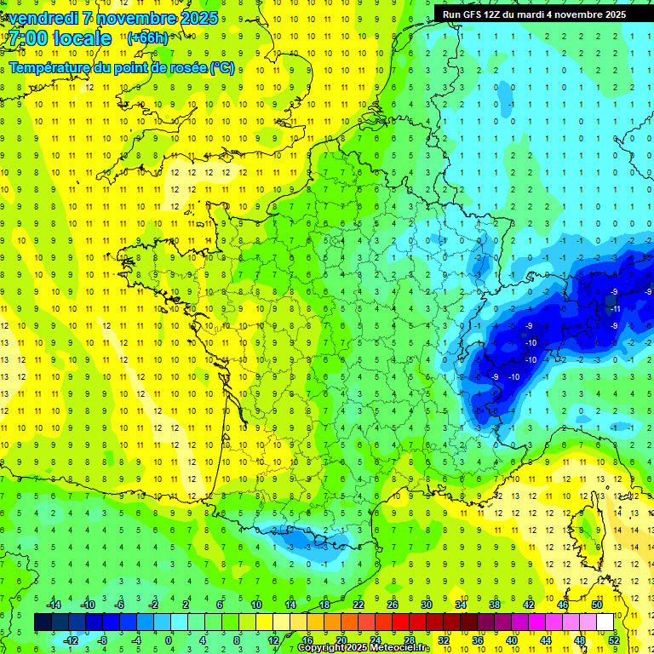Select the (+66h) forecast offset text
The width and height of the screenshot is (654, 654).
tap(147, 37)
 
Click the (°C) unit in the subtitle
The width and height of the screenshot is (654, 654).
tap(222, 68)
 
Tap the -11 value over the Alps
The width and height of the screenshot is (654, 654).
tap(616, 309)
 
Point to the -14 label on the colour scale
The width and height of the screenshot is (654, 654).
tap(54, 605)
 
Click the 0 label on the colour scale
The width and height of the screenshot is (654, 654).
tap(169, 640)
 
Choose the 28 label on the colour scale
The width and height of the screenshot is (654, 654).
tap(408, 640)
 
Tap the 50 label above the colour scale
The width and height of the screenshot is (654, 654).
tap(595, 605)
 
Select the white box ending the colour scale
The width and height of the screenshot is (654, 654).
tap(605, 622)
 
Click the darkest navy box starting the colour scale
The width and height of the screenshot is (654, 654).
tap(43, 622)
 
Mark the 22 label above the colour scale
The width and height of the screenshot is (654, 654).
tap(358, 605)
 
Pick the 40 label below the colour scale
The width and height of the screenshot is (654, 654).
tap(511, 640)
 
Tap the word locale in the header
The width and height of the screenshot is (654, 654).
tap(80, 38)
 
